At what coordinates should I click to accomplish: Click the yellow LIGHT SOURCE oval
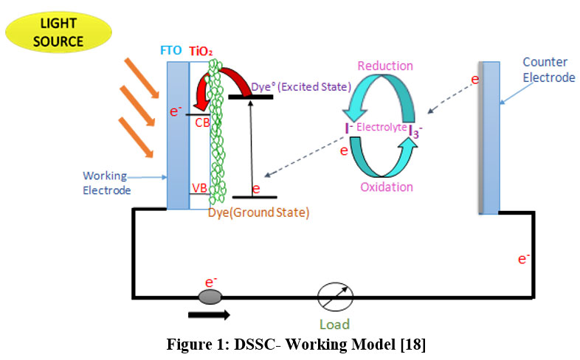point(58,32)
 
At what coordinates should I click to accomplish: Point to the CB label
point(202,122)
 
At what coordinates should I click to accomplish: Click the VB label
point(199,188)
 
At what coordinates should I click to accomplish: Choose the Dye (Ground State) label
point(258,212)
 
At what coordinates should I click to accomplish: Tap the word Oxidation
point(387,187)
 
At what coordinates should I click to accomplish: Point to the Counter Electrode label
point(545,69)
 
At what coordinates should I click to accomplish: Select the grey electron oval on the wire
point(210,297)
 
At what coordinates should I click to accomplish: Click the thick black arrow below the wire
point(209,314)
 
